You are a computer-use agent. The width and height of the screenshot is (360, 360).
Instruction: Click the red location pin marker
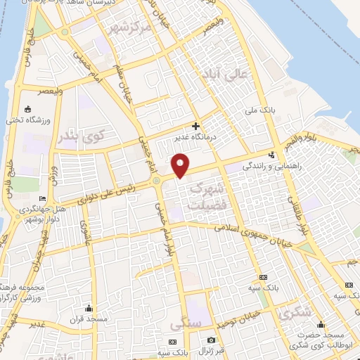[x=181, y=164]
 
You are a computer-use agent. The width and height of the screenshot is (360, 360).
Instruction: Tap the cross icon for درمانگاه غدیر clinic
[x=195, y=126]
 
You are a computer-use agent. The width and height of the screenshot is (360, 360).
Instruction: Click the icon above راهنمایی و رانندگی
[x=272, y=155]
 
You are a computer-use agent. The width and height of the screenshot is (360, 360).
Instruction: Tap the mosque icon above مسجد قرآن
[x=89, y=308]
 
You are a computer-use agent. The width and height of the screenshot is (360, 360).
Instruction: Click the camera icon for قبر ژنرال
[x=211, y=340]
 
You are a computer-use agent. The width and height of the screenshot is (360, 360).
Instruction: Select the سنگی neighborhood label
[x=185, y=324]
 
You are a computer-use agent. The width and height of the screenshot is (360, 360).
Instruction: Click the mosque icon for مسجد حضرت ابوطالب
[x=321, y=324]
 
